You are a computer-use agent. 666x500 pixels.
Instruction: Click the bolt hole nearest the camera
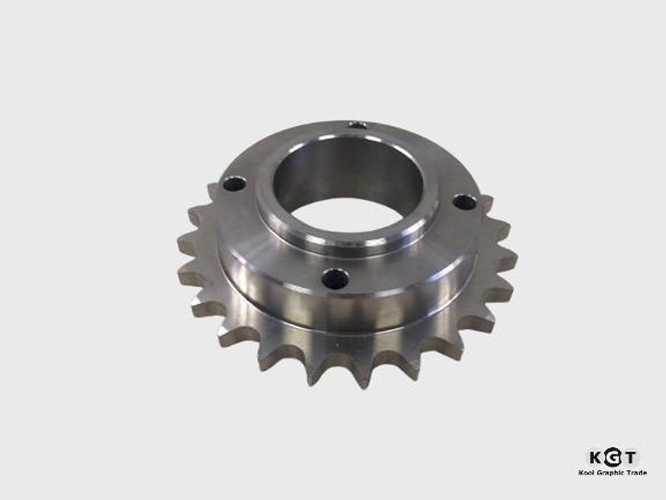click(335, 278)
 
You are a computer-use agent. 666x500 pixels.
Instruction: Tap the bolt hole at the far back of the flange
click(358, 125)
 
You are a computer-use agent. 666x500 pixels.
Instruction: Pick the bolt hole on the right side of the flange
click(464, 202)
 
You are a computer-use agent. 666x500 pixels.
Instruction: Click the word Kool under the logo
click(587, 473)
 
